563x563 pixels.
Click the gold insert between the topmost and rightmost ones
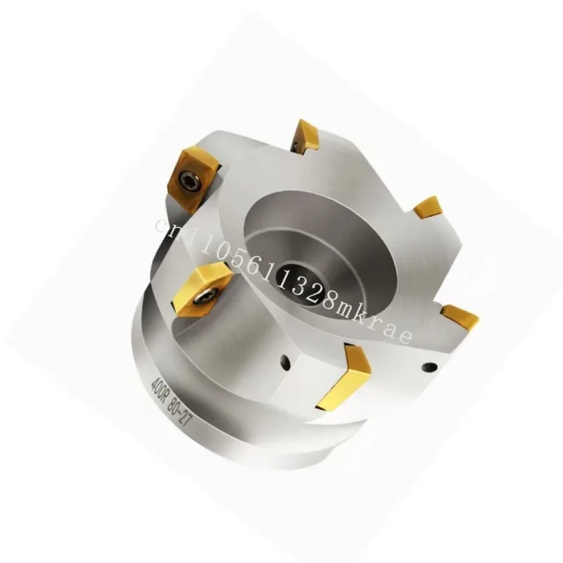coord(427,208)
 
